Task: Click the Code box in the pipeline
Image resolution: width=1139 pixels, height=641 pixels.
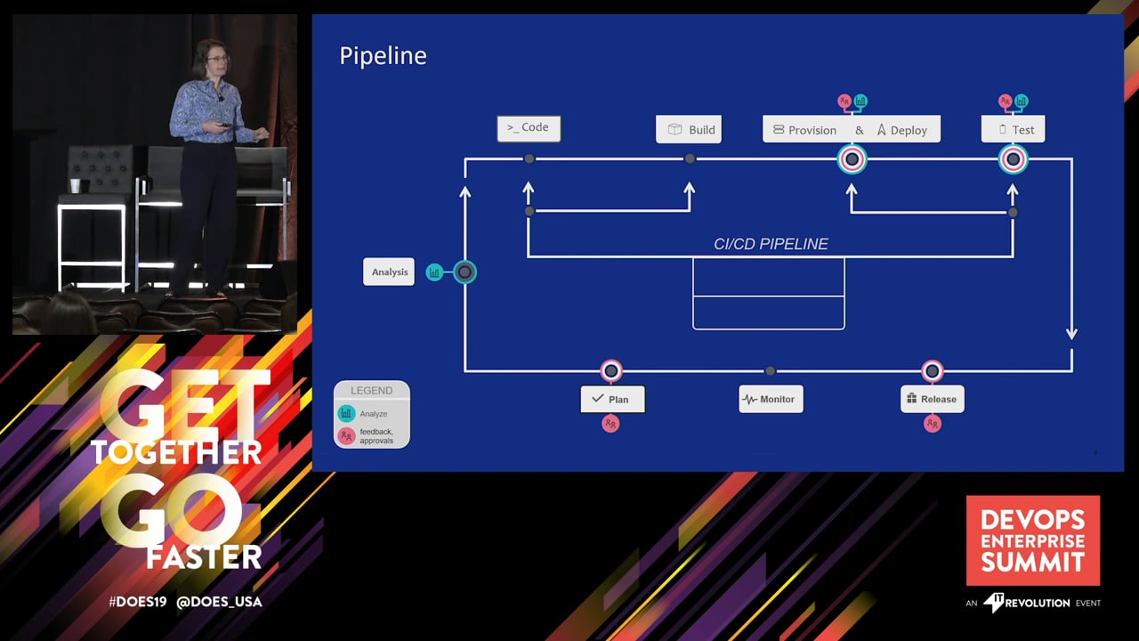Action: (529, 128)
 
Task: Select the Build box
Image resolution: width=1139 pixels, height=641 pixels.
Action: (689, 130)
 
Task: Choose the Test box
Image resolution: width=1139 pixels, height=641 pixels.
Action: (1014, 130)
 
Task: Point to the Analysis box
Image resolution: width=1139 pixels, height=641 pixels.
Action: (389, 272)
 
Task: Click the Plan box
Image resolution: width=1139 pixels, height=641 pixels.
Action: (612, 399)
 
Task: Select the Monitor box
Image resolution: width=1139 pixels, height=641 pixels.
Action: (771, 399)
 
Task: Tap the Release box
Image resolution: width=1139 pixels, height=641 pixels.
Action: (932, 399)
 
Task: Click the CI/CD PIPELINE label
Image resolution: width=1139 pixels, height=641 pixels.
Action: (771, 244)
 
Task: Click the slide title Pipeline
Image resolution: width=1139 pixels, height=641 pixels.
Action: (383, 56)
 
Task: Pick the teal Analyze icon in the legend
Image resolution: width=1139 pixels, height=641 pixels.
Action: (346, 413)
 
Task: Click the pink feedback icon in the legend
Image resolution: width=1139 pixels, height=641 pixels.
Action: (346, 435)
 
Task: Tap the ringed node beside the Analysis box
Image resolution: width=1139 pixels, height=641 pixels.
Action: (464, 272)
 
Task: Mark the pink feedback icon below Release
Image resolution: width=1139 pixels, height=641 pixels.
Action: (933, 424)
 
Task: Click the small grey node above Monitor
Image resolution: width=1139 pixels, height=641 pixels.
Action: (771, 370)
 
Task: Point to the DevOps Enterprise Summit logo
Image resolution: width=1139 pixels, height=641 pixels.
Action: (1033, 540)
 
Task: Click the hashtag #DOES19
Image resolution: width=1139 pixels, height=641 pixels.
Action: (138, 602)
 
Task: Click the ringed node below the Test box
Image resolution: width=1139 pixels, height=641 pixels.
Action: (1013, 160)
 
